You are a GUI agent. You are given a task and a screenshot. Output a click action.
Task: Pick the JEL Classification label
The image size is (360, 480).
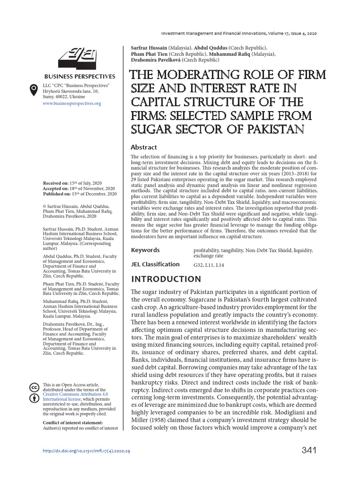(x=155, y=264)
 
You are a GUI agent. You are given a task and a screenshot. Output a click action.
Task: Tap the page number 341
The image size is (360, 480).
(x=309, y=450)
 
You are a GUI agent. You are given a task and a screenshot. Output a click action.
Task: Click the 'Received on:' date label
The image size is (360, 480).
(x=55, y=183)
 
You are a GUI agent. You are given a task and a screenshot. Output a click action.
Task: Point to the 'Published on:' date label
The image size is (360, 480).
(x=56, y=193)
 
